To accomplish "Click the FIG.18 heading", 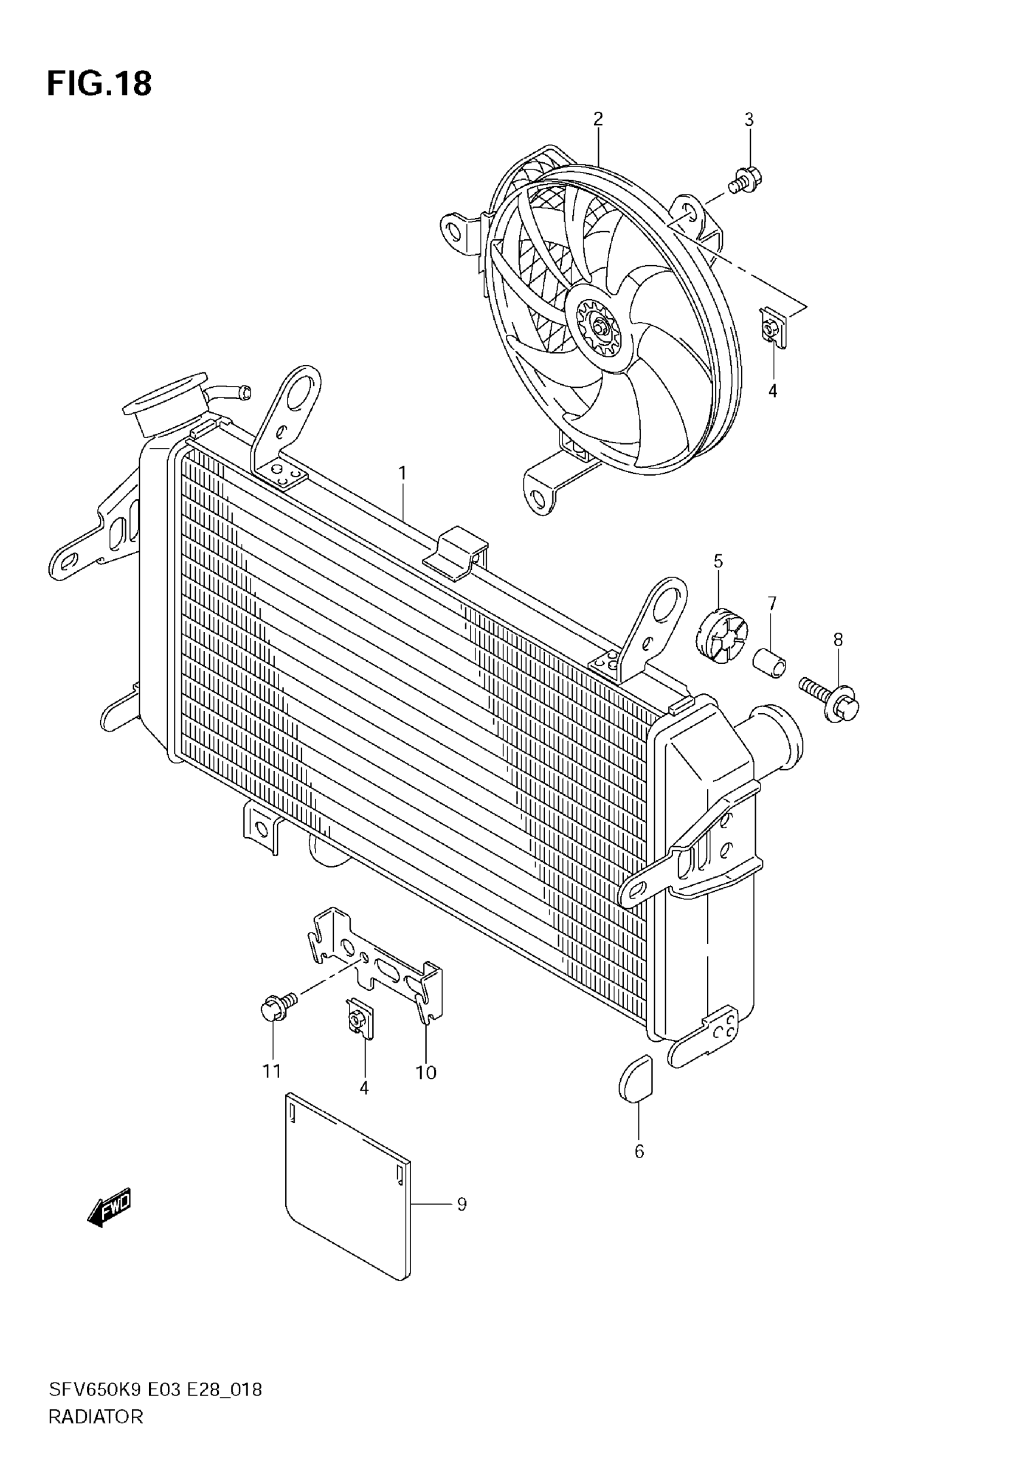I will tap(99, 84).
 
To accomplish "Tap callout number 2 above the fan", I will tap(598, 119).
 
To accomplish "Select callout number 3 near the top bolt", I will tap(749, 119).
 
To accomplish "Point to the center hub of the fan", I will tap(600, 329).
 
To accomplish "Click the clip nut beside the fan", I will tap(772, 330).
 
